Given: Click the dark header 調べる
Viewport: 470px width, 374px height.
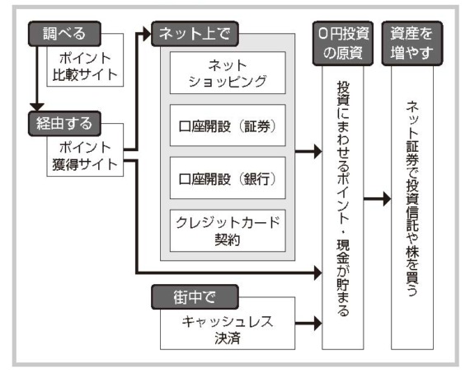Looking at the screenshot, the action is coord(64,34).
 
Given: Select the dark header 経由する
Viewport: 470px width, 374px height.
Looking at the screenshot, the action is coord(64,123).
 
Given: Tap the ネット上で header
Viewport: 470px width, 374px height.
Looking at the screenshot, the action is coord(195,34).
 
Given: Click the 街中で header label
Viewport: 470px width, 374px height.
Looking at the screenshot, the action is coord(195,297).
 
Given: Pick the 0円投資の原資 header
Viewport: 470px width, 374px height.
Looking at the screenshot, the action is coord(343,43).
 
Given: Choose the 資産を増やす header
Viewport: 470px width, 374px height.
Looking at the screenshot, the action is coord(412,43).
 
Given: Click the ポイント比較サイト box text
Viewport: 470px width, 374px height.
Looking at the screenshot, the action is coord(85,66).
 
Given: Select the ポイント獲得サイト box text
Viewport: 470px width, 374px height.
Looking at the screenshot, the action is coord(85,156).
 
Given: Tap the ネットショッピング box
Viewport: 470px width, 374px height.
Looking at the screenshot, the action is coord(228,73).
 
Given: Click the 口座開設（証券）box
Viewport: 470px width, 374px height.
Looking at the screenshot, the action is coord(228,125).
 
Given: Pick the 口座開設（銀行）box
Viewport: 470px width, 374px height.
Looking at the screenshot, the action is coord(228,178).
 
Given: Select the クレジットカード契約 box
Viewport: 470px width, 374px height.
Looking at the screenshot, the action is coord(228,230).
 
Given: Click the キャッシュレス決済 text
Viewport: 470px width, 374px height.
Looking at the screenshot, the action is coord(228,329).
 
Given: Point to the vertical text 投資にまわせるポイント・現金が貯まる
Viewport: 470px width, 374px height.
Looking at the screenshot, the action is coord(343,199).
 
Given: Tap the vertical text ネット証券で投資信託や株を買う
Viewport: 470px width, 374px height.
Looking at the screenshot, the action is coord(412,199).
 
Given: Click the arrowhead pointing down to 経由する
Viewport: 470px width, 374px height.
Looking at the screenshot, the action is coord(37,107).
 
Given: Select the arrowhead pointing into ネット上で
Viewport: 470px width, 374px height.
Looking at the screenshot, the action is coord(147,34).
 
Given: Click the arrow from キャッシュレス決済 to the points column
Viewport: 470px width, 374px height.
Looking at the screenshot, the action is coord(308,324).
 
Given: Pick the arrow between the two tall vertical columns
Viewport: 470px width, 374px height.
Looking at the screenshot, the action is coord(378,199).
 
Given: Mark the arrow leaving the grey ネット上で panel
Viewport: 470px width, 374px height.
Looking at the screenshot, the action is coord(308,151).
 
